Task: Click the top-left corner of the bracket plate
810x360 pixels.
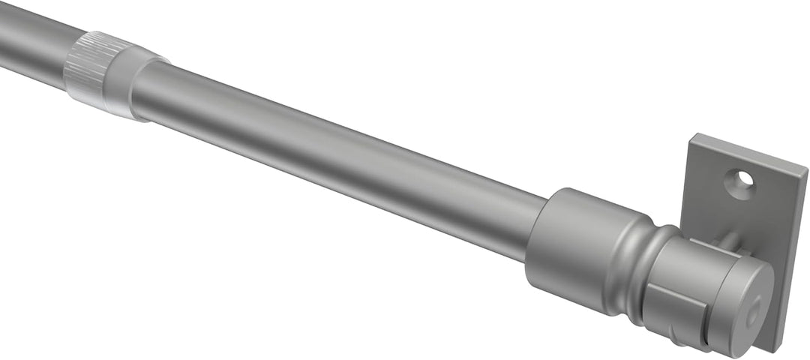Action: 694,136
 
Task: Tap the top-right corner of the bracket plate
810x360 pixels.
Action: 806,166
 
